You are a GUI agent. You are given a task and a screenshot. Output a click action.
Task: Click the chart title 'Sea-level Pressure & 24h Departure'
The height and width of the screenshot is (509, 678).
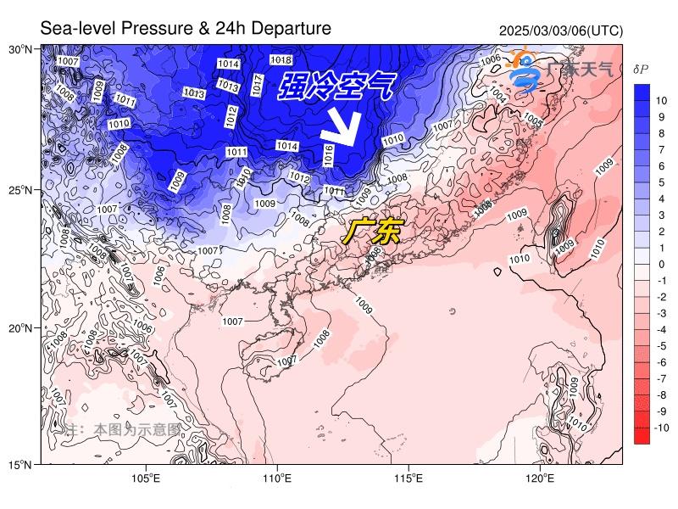pyautogui.click(x=186, y=29)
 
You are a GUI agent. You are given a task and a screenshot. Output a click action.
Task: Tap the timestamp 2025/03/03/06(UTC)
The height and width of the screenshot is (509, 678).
pyautogui.click(x=560, y=31)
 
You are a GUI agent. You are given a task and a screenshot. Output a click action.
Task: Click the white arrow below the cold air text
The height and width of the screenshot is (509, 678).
pyautogui.click(x=342, y=128)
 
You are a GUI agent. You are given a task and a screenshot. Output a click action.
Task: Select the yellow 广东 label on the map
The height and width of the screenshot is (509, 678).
pyautogui.click(x=370, y=232)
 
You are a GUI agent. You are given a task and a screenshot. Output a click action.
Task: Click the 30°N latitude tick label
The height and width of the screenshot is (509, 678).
pyautogui.click(x=20, y=49)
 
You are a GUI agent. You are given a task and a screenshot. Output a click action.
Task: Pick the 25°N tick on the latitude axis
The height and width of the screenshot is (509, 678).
pyautogui.click(x=20, y=189)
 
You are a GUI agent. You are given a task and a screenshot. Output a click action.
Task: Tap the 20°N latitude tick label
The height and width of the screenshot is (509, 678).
pyautogui.click(x=20, y=328)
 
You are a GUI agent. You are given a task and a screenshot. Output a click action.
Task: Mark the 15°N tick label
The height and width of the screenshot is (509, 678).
pyautogui.click(x=20, y=465)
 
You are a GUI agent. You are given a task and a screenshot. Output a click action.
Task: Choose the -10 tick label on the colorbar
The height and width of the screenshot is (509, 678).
pyautogui.click(x=662, y=428)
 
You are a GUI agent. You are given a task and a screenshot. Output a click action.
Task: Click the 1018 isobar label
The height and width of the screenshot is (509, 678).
pyautogui.click(x=281, y=60)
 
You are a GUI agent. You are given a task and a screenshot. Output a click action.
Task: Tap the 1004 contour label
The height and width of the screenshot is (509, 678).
pyautogui.click(x=499, y=98)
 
